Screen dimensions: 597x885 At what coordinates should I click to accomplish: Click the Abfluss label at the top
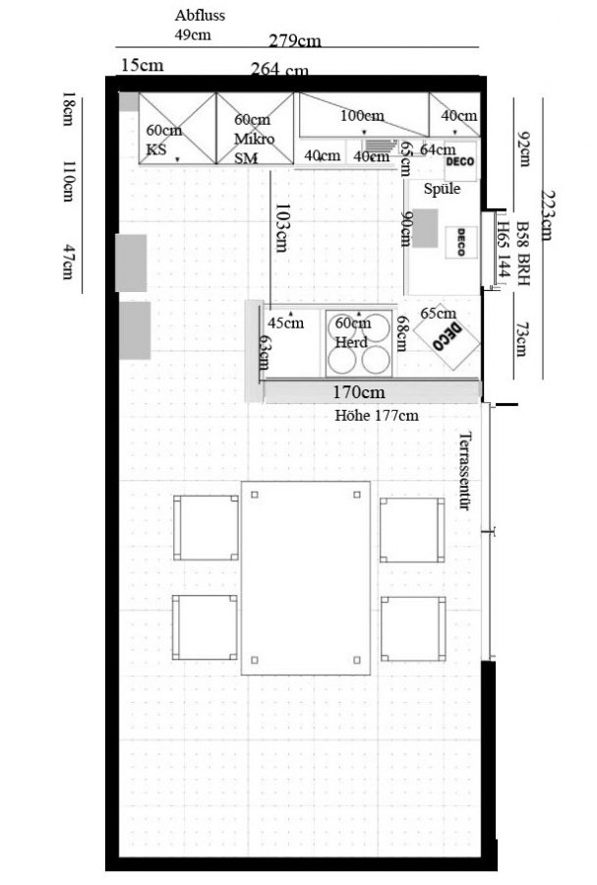(x=200, y=15)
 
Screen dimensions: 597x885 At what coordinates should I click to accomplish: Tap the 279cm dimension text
(x=295, y=41)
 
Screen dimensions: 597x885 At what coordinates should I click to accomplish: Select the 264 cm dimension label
(x=279, y=70)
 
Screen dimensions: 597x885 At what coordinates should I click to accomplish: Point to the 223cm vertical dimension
(x=547, y=214)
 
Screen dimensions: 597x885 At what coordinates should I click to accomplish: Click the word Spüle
(x=442, y=189)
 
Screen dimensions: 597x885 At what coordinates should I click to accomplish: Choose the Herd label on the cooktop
(x=351, y=342)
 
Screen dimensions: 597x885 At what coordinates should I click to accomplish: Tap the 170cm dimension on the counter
(x=359, y=391)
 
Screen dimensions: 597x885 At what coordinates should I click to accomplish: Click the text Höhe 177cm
(x=377, y=416)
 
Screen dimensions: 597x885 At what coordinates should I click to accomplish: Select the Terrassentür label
(x=465, y=471)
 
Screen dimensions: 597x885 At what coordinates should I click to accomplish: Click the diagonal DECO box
(x=447, y=337)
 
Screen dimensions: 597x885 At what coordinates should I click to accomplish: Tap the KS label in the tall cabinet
(x=156, y=149)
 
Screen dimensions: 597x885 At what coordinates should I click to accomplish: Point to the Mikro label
(x=255, y=139)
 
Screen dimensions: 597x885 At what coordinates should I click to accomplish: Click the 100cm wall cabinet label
(x=362, y=116)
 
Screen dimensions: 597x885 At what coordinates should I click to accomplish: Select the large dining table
(x=306, y=578)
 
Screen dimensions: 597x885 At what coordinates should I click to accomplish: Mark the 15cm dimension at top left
(x=143, y=65)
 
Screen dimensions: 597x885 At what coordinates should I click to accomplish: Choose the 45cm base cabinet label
(x=285, y=324)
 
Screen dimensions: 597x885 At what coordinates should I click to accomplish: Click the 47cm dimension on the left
(x=68, y=262)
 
